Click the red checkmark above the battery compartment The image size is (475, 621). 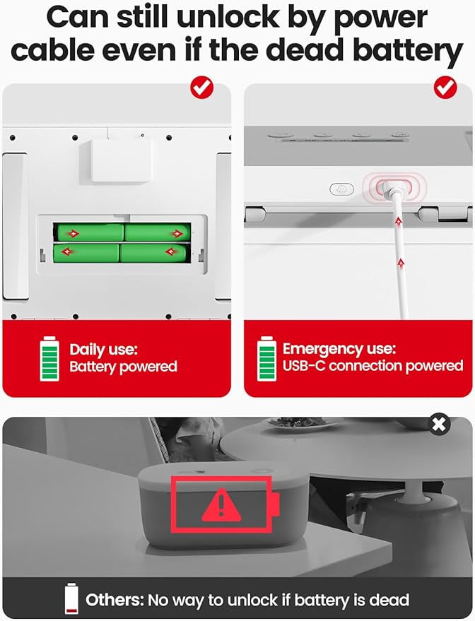click(x=202, y=88)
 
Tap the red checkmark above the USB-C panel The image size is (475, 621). click(x=445, y=88)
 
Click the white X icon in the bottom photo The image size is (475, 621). click(x=440, y=424)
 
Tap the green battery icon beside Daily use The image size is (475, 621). click(x=49, y=359)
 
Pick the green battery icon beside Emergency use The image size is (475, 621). click(x=266, y=359)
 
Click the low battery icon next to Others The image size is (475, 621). click(x=71, y=599)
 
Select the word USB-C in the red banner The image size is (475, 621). click(x=303, y=366)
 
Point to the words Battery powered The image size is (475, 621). click(x=123, y=367)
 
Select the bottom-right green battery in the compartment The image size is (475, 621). click(x=154, y=252)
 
